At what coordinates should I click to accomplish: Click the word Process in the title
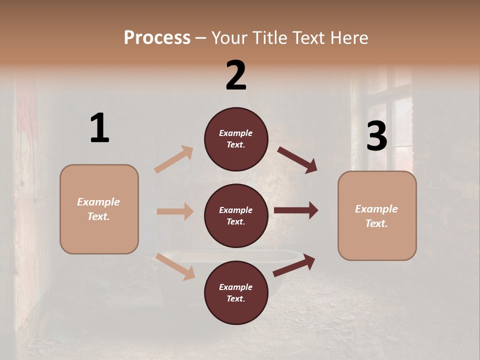(157, 37)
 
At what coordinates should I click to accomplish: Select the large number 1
(99, 128)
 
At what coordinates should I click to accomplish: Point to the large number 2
(236, 75)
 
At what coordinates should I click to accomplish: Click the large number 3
(376, 136)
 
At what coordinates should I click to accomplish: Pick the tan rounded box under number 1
(99, 209)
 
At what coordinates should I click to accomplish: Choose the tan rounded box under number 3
(377, 215)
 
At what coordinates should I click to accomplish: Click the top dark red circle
(236, 139)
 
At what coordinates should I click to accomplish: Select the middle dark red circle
(236, 215)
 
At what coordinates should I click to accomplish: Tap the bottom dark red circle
(236, 292)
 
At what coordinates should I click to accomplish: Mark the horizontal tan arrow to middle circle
(175, 211)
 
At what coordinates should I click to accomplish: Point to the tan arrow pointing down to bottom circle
(175, 266)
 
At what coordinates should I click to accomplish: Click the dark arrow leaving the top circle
(297, 160)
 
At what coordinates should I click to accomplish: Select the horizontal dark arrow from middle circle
(296, 210)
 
